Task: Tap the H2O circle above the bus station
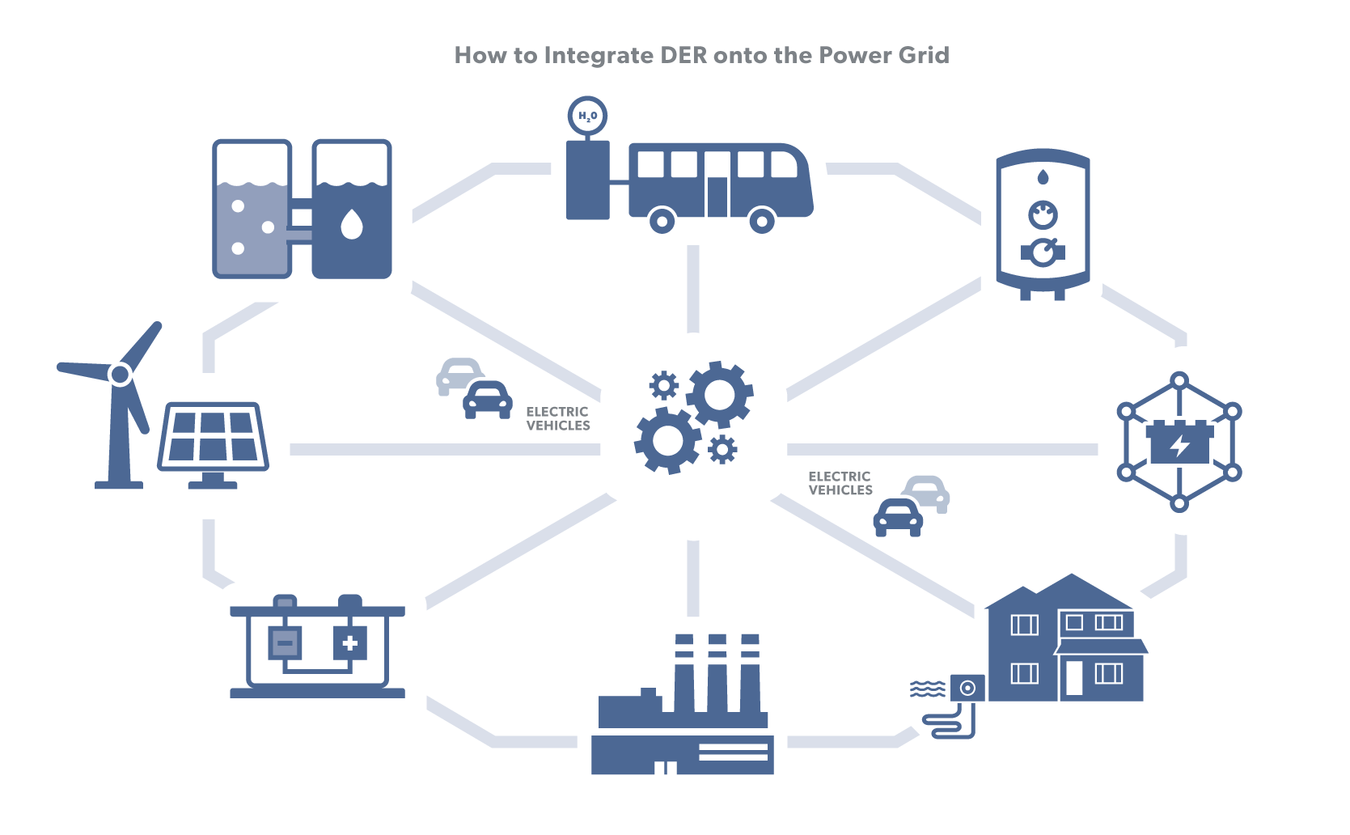pos(587,116)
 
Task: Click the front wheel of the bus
pos(761,219)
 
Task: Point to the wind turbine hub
pos(121,374)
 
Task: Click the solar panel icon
pos(213,437)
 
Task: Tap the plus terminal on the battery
pos(349,644)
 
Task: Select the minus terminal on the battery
pos(284,644)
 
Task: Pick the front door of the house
pos(1073,678)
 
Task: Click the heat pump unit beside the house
pos(967,689)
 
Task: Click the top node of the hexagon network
pos(1179,379)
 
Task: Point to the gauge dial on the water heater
pos(1043,215)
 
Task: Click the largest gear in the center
pos(719,395)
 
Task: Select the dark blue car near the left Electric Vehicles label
pos(487,400)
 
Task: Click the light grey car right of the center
pos(928,491)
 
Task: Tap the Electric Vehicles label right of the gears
pos(840,483)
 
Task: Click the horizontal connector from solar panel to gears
pos(445,449)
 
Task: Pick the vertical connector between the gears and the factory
pos(693,578)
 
